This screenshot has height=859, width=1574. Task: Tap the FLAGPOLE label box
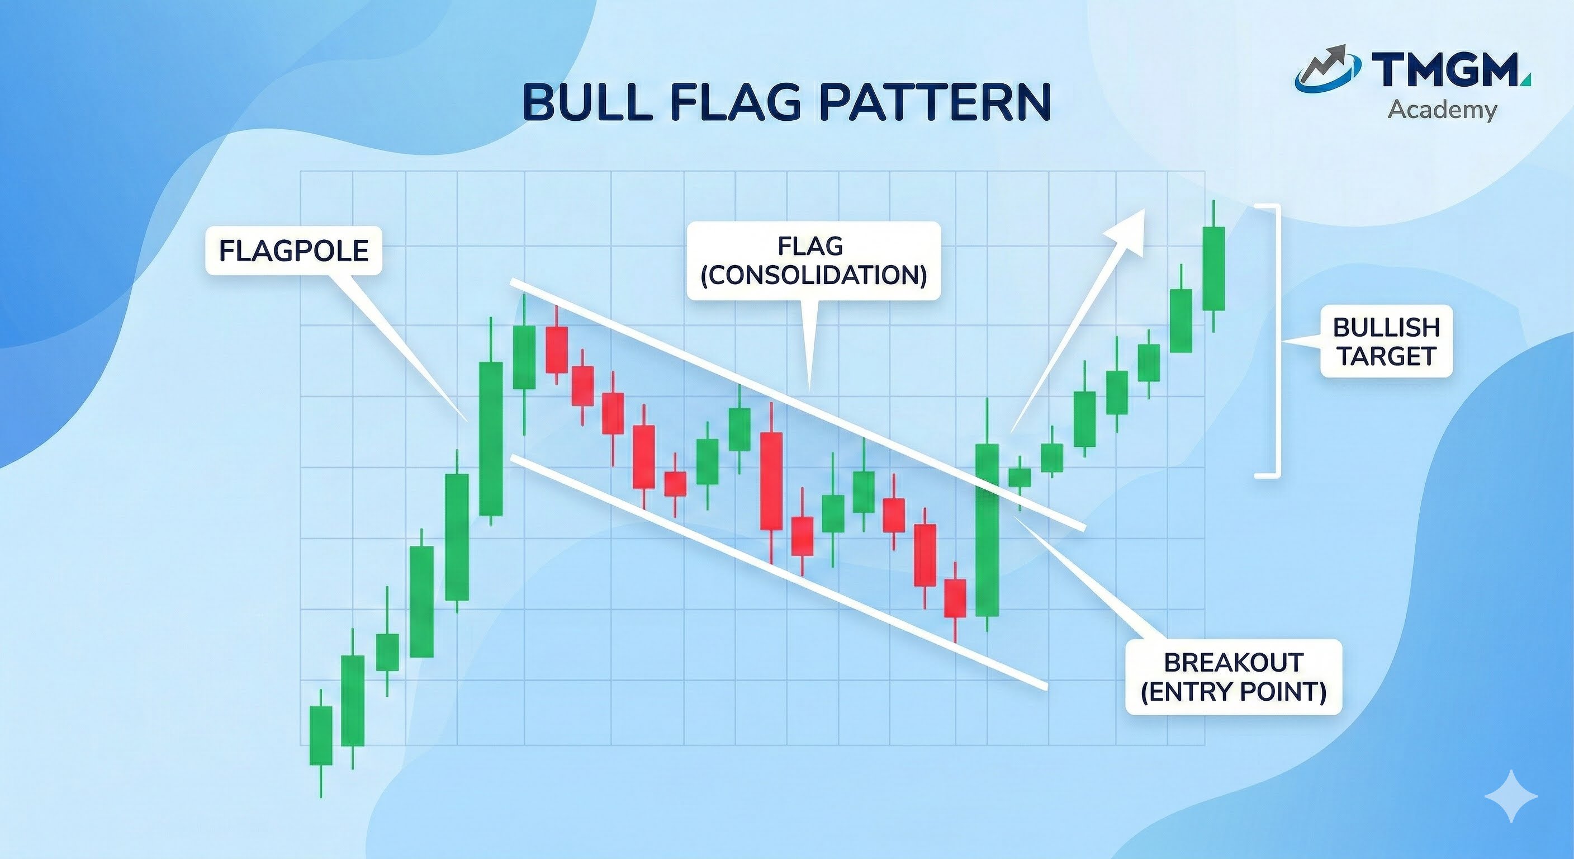click(293, 251)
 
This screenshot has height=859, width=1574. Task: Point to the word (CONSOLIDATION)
click(813, 275)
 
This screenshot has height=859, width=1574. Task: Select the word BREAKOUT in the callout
click(1233, 663)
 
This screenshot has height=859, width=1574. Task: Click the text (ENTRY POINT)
click(1233, 691)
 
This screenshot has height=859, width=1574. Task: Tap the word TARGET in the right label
click(1386, 356)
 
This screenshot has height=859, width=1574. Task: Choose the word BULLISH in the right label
click(1386, 328)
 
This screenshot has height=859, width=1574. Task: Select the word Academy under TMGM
click(1442, 110)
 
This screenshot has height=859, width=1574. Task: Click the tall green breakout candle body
click(987, 530)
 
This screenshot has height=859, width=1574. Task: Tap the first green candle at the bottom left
click(321, 735)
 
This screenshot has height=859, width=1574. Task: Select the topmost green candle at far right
click(1213, 268)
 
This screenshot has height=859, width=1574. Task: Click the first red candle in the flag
click(557, 349)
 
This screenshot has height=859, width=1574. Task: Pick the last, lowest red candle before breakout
click(955, 598)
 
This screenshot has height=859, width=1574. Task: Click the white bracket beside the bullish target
click(1274, 341)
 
